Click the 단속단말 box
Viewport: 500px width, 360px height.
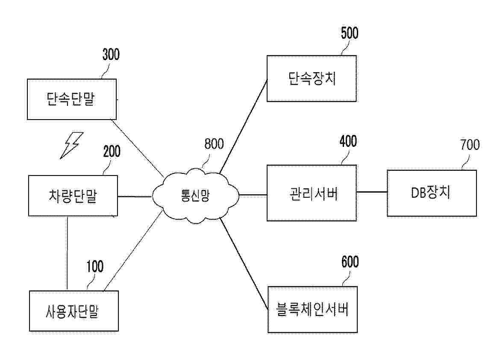pos(72,100)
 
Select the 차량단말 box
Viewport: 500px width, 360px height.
pos(73,196)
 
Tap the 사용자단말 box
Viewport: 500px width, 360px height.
pos(74,311)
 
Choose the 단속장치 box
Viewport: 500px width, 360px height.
pos(312,79)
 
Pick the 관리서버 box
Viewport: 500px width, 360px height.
pos(312,193)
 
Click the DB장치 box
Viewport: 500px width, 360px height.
pos(432,193)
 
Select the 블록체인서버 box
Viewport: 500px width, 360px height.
pos(312,310)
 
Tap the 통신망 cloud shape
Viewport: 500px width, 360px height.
pos(195,195)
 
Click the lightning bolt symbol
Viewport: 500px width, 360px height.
pos(72,145)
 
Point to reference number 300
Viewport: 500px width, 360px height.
pos(111,55)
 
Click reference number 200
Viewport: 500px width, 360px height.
pos(112,151)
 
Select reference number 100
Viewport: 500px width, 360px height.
pos(95,266)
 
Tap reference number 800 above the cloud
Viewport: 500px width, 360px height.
pos(214,144)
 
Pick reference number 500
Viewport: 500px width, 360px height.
pos(350,33)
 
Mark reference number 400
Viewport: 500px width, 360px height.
pos(348,141)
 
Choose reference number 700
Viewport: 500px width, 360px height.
pos(470,145)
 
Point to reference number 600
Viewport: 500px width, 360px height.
pos(350,262)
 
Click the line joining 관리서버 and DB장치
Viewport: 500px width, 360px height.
pos(372,192)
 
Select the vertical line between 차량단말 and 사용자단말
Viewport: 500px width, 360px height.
pos(67,253)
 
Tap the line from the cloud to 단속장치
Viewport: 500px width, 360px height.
pos(243,126)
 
